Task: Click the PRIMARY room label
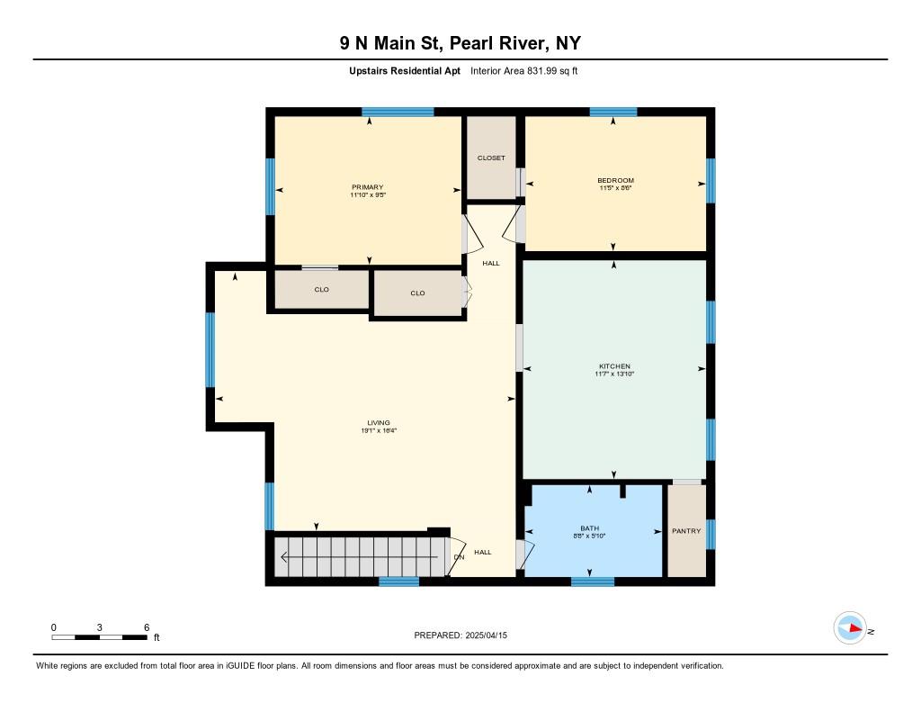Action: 367,187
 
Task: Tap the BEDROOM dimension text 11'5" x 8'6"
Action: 615,188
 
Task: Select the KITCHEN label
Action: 615,366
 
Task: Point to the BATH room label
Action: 589,528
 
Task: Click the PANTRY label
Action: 686,531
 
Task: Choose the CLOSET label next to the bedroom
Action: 491,158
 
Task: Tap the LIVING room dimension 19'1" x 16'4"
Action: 378,430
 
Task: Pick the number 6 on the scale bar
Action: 146,627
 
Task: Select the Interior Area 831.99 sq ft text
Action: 524,70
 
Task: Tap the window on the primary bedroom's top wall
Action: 398,113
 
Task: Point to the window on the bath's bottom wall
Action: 593,581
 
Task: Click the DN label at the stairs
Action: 459,557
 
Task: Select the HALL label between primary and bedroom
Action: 491,264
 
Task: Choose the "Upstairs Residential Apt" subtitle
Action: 405,70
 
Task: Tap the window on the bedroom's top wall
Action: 613,113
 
